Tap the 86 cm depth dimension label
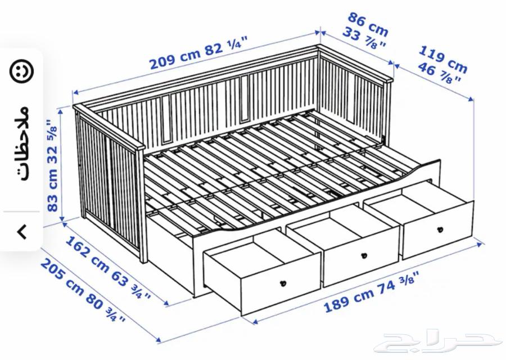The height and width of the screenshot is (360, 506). [369, 24]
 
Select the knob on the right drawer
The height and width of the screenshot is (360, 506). [440, 229]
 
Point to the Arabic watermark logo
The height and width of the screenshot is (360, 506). [438, 340]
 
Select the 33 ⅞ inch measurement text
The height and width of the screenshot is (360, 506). [364, 39]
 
